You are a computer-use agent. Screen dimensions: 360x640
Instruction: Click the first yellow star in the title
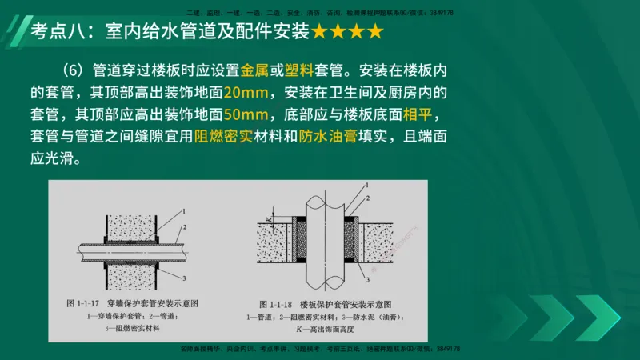[319, 32]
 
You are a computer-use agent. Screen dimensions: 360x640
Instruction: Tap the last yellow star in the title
[374, 32]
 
